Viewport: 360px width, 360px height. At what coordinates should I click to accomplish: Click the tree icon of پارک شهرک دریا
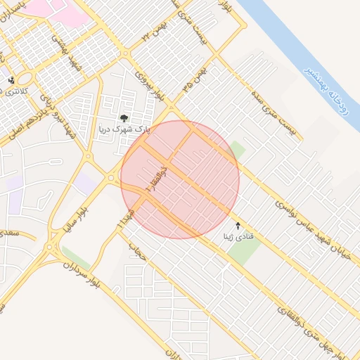click(x=124, y=119)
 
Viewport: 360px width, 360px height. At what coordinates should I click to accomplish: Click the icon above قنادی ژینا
click(x=238, y=226)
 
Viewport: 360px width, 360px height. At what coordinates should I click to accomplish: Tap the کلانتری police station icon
click(x=11, y=81)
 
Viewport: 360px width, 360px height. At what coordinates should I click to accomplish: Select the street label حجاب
click(x=137, y=251)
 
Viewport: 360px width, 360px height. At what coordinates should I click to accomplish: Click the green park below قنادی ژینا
click(x=243, y=252)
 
